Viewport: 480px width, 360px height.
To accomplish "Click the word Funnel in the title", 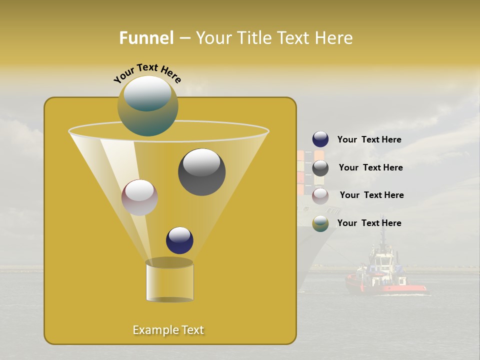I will (x=146, y=38).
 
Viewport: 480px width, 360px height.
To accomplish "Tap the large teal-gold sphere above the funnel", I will (x=148, y=105).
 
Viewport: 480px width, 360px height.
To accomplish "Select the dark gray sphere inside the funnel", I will (x=201, y=172).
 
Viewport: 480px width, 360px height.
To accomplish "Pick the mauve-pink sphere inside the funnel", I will (x=139, y=197).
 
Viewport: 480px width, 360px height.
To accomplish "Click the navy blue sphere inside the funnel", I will (x=179, y=240).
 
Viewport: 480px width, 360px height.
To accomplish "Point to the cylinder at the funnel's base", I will (x=169, y=281).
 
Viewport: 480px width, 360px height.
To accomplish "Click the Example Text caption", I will (x=168, y=330).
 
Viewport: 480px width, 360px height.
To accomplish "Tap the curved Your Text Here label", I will (x=147, y=73).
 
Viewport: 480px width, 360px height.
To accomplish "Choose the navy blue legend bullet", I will (x=320, y=139).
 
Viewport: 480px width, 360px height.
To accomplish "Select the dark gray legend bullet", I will (x=320, y=168).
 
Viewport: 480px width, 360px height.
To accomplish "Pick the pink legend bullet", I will (x=320, y=196).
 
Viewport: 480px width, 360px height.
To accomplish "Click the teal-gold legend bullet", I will (x=320, y=223).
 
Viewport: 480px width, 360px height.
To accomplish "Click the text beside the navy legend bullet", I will (x=369, y=140).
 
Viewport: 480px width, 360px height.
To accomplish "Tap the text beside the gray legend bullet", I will (x=370, y=168).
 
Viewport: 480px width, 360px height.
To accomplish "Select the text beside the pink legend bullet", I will (x=371, y=195).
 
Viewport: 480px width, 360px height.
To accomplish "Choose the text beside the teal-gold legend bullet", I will (x=369, y=223).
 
